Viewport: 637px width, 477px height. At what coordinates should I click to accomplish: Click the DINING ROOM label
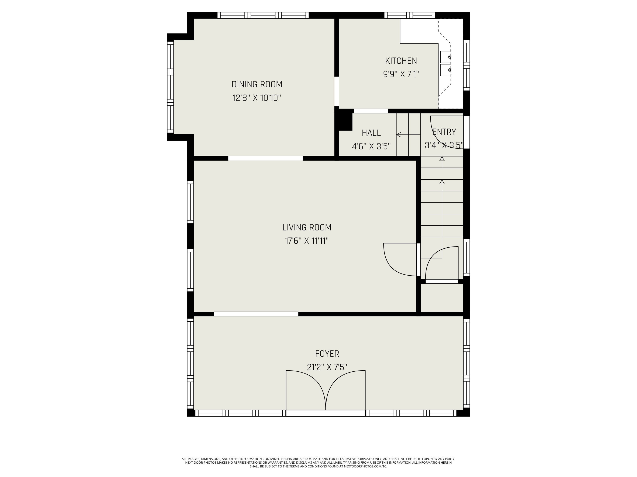[257, 85]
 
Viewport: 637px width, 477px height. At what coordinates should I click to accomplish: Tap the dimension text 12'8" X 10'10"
[257, 98]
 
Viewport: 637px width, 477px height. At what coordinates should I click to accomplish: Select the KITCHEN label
[401, 61]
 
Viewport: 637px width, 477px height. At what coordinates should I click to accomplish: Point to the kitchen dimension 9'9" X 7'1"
[401, 74]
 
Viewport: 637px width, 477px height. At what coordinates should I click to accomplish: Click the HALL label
[371, 133]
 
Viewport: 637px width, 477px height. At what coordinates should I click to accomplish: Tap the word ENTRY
[444, 132]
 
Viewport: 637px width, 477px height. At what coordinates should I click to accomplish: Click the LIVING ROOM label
[307, 227]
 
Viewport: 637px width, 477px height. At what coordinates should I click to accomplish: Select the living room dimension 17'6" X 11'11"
[307, 241]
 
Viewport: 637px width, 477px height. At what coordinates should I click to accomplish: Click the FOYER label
[327, 354]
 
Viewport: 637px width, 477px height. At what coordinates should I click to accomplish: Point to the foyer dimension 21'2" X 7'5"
[327, 367]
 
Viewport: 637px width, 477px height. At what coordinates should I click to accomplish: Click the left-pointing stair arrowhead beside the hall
[399, 135]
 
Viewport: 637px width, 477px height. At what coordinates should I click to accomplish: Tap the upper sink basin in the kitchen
[445, 57]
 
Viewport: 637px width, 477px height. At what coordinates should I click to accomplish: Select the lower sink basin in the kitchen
[445, 70]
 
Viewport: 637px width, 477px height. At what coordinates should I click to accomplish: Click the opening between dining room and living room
[265, 158]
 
